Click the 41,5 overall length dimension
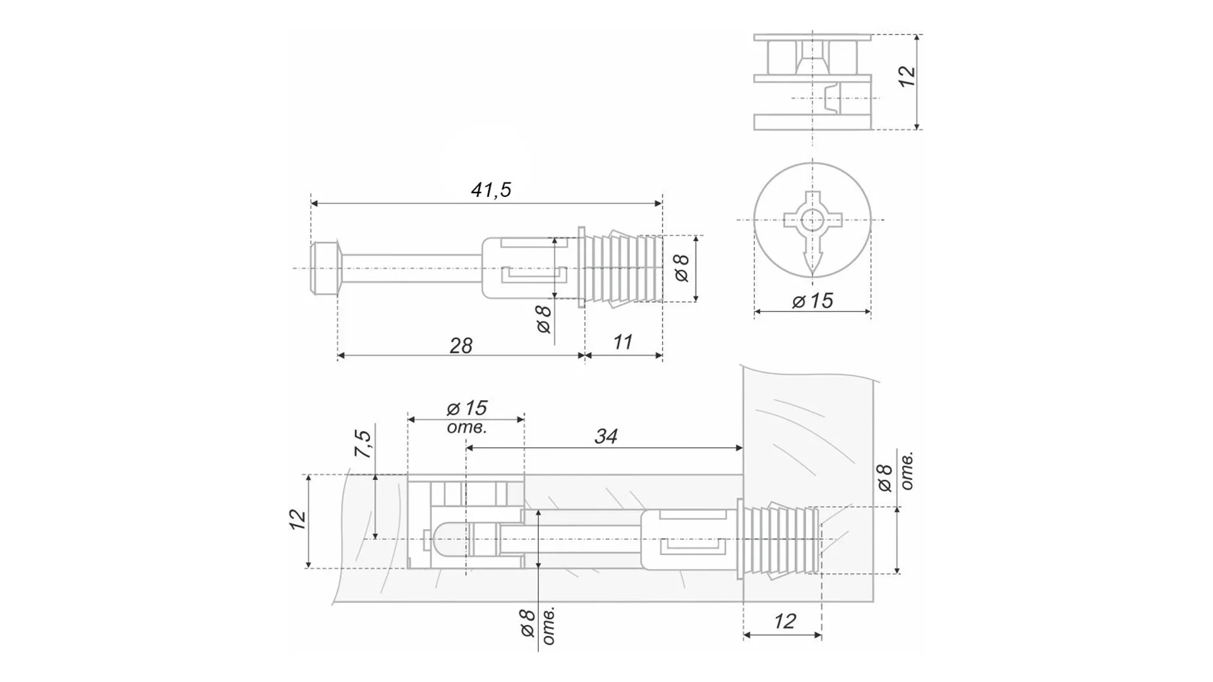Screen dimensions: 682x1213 click(491, 190)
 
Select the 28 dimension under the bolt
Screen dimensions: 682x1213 click(461, 345)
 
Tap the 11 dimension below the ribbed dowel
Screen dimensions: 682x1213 click(622, 342)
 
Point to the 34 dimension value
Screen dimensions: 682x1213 click(605, 436)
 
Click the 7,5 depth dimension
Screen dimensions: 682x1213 click(363, 443)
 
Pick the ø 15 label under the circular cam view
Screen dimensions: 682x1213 click(812, 301)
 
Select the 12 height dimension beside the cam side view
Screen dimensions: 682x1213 click(907, 76)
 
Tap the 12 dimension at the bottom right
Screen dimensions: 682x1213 click(784, 621)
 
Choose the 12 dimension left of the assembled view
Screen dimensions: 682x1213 click(298, 519)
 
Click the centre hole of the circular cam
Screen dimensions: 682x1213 click(812, 220)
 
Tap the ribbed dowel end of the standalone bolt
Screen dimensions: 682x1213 click(622, 268)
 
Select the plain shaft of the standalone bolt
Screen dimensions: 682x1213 click(411, 268)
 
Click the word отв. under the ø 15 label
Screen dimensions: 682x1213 click(466, 428)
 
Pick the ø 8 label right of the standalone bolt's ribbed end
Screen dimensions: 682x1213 click(682, 268)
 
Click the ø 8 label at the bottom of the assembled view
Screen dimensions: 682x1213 click(528, 623)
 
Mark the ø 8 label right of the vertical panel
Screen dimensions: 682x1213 click(886, 478)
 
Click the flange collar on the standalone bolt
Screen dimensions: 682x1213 click(582, 268)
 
